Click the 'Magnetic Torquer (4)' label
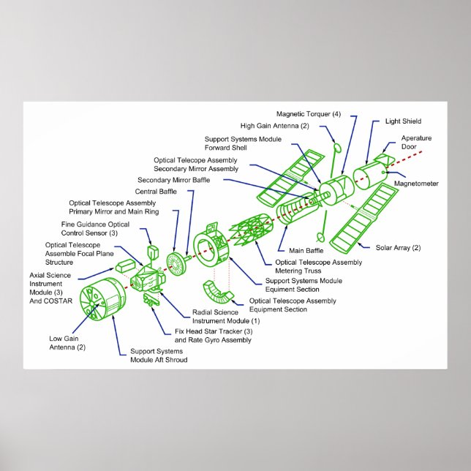coord(308,114)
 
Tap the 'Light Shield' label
coord(403,121)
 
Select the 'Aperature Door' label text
coord(415,142)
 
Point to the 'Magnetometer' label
coord(416,184)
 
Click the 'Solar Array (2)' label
coord(398,248)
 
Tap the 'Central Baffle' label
coord(156,192)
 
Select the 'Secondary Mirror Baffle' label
coord(172,180)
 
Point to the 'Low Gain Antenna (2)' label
coord(67,342)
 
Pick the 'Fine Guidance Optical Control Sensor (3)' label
coord(95,228)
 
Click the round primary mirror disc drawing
coord(176,262)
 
